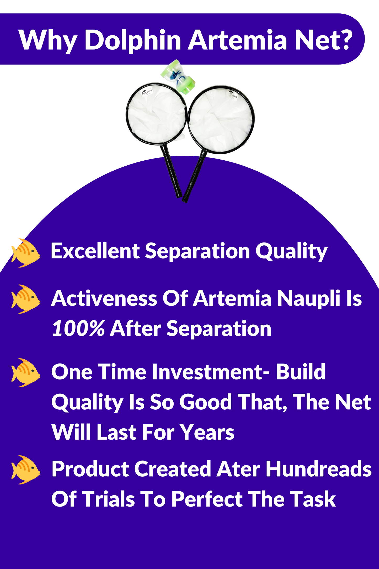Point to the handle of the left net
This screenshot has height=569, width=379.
[x=171, y=171]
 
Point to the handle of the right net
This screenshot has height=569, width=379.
[x=194, y=176]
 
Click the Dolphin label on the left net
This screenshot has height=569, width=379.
[x=147, y=92]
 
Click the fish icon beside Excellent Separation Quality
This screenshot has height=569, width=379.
[x=26, y=253]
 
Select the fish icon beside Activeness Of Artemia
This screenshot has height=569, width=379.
[x=26, y=299]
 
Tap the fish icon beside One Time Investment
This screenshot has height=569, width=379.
[x=26, y=373]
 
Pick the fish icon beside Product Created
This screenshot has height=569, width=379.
[x=26, y=470]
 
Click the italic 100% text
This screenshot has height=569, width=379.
[x=79, y=328]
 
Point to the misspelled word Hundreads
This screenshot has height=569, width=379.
[x=319, y=469]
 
